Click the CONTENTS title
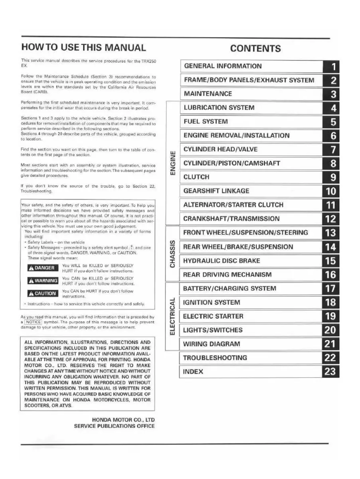pos(255,49)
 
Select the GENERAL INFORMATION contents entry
pos(223,66)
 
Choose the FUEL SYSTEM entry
pos(206,122)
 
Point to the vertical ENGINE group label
pos(173,163)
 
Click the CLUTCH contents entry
pos(196,177)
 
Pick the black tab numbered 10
pos(331,191)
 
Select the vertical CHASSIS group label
pos(173,254)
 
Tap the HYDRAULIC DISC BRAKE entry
pos(221,261)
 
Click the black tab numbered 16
pos(331,275)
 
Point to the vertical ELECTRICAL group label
pos(173,316)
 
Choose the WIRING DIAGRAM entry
pos(212,344)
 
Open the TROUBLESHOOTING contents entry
pos(215,358)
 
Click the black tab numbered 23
pos(331,372)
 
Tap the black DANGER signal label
pos(42,268)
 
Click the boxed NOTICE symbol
pos(33,321)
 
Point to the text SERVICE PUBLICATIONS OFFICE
pos(115,426)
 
